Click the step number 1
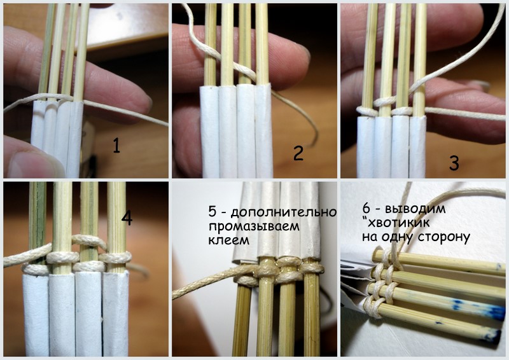pos(116,145)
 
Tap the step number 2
pos(298,153)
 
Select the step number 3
pos(454,163)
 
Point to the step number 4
pos(127,218)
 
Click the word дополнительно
pos(284,212)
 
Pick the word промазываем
pos(254,226)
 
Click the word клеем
pos(228,240)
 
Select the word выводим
pos(415,209)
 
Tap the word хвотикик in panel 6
pos(400,223)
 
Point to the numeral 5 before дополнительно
pos(213,212)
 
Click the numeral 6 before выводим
pos(366,208)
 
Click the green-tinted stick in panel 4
pos(37,223)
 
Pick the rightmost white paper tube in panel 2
pos(263,131)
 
